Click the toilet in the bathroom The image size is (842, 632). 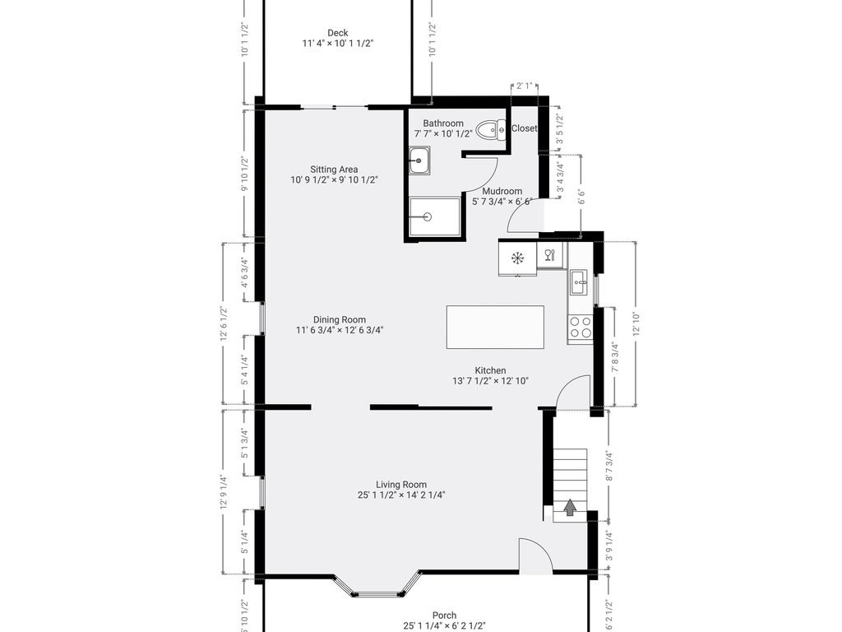click(492, 128)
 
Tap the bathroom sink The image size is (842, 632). click(419, 161)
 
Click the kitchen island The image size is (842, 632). click(495, 327)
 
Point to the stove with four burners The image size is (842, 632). click(580, 328)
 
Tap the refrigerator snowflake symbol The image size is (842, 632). click(518, 258)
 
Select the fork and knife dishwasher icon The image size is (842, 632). click(551, 255)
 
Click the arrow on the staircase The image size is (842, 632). click(569, 507)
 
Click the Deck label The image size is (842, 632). click(337, 33)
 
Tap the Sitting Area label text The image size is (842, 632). click(334, 170)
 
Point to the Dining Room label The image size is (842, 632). click(340, 319)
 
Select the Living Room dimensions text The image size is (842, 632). click(401, 495)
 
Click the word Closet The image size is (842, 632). click(525, 128)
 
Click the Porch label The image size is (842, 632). click(445, 615)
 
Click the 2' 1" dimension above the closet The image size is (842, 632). click(524, 86)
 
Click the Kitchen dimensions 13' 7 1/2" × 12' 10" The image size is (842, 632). click(490, 381)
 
